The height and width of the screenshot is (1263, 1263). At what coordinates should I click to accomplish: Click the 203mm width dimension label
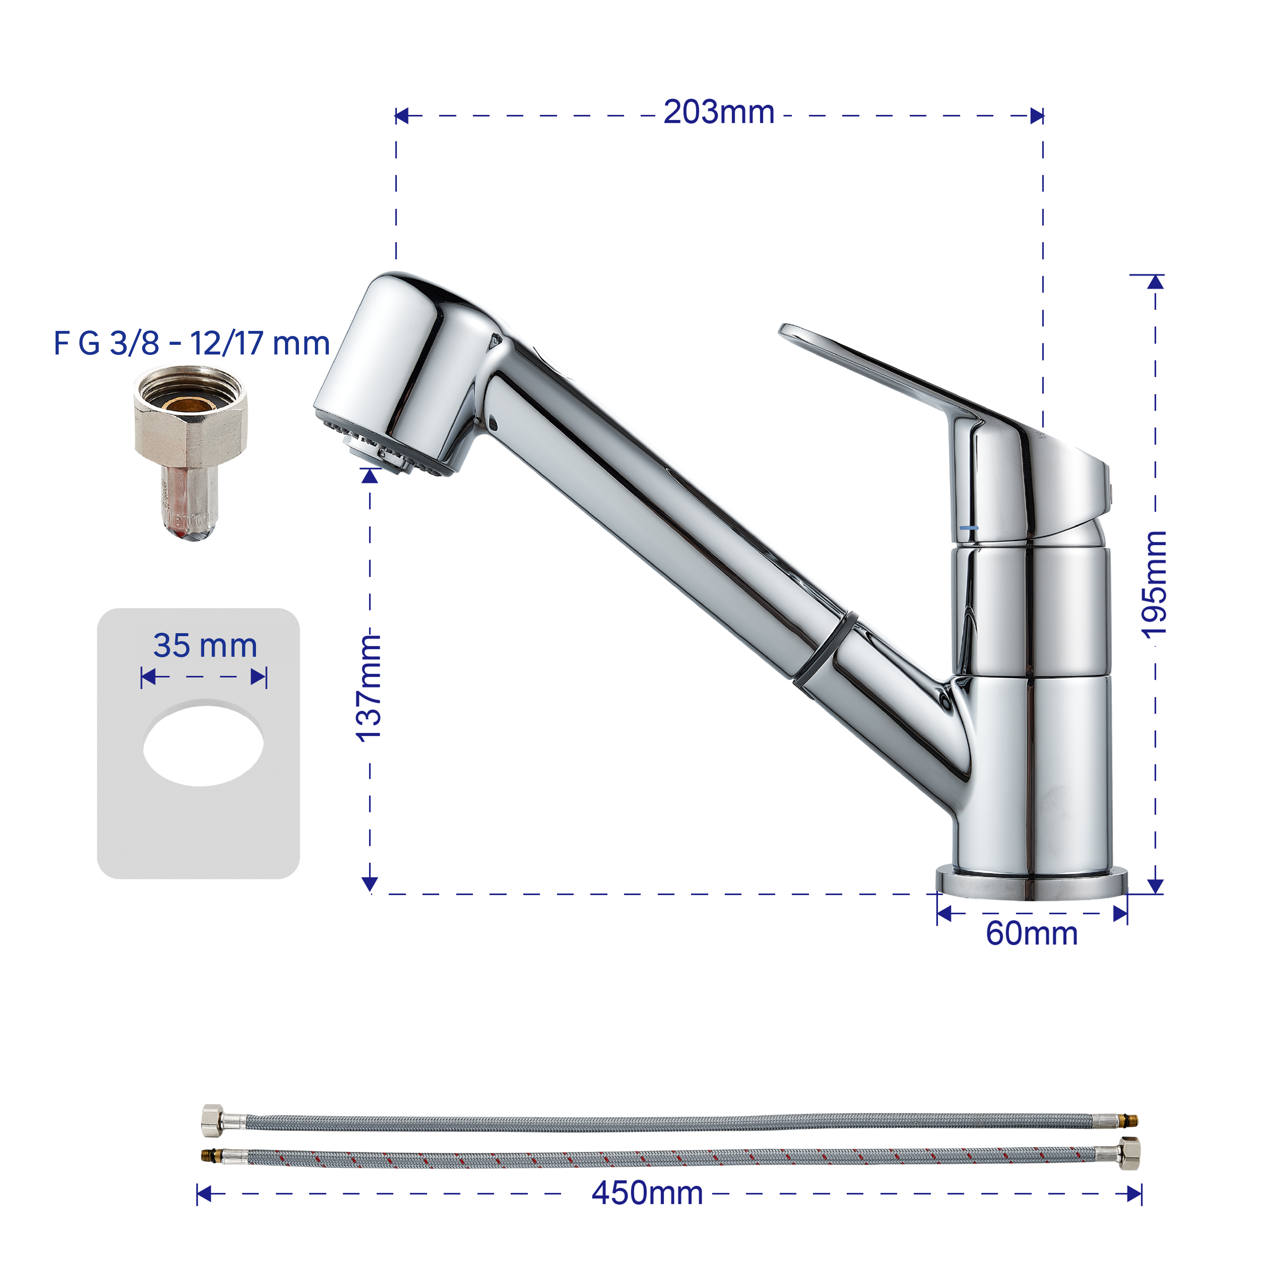(x=719, y=112)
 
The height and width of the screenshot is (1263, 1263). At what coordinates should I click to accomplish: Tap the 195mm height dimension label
(x=1154, y=584)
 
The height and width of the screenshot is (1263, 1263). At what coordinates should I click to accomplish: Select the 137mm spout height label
(x=369, y=688)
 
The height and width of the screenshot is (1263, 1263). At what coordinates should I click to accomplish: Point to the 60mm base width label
(x=1031, y=933)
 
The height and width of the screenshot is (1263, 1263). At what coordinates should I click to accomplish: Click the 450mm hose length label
(x=647, y=1193)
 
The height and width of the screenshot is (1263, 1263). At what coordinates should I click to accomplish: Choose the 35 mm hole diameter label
(x=205, y=646)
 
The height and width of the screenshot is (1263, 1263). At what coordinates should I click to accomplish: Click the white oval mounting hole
(x=203, y=745)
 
